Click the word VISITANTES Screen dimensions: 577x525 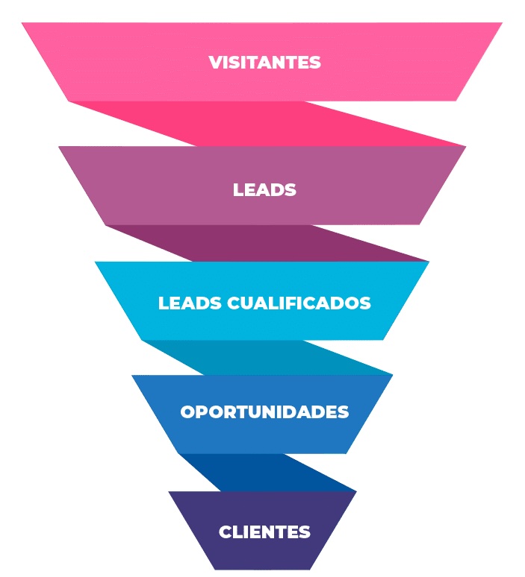coord(264,62)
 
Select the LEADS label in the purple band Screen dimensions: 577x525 coord(264,189)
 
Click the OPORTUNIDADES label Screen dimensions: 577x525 coord(264,412)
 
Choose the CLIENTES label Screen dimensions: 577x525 coord(264,532)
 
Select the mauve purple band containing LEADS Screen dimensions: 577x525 coord(149,186)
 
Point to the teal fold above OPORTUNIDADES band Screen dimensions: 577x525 coord(299,358)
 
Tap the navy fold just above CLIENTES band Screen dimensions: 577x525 coord(284,474)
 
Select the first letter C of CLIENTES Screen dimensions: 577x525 coord(224,532)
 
